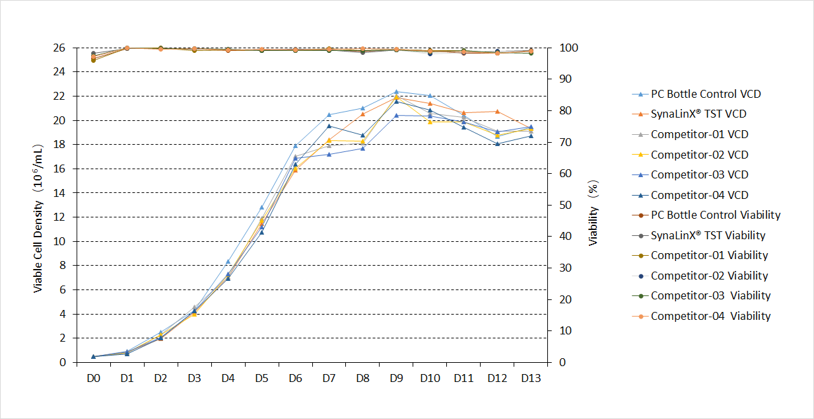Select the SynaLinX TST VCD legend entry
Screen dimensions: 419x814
[x=698, y=114]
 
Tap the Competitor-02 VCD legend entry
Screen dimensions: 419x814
[x=699, y=155]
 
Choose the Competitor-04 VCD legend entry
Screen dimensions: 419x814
[x=699, y=195]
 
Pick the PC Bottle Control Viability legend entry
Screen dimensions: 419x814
[x=715, y=215]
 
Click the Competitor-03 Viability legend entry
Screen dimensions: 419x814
[x=710, y=295]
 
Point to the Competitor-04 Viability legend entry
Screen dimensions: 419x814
[x=710, y=316]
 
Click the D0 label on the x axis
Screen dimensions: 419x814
[x=93, y=378]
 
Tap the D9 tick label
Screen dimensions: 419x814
[x=396, y=378]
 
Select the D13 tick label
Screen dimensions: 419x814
[x=531, y=378]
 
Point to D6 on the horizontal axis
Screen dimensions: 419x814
[x=295, y=378]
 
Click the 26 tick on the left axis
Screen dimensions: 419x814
[x=59, y=48]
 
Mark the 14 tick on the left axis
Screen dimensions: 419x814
[x=59, y=193]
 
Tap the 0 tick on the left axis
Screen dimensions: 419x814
[x=63, y=362]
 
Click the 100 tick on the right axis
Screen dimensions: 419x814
[x=569, y=48]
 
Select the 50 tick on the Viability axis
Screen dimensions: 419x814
[x=566, y=205]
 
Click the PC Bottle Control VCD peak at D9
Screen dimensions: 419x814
[x=396, y=92]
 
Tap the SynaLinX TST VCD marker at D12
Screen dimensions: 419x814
[x=497, y=112]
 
